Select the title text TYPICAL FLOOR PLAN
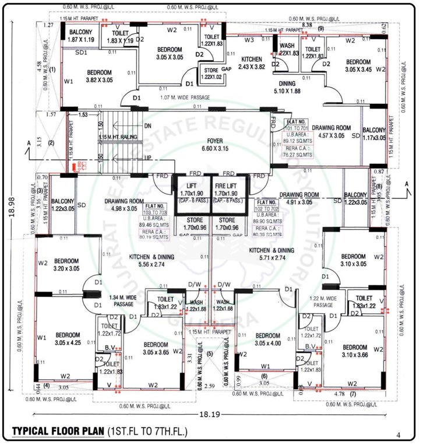tap(57, 432)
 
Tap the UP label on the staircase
tap(147, 158)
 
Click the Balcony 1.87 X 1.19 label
tap(82, 36)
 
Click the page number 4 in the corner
tap(399, 435)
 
